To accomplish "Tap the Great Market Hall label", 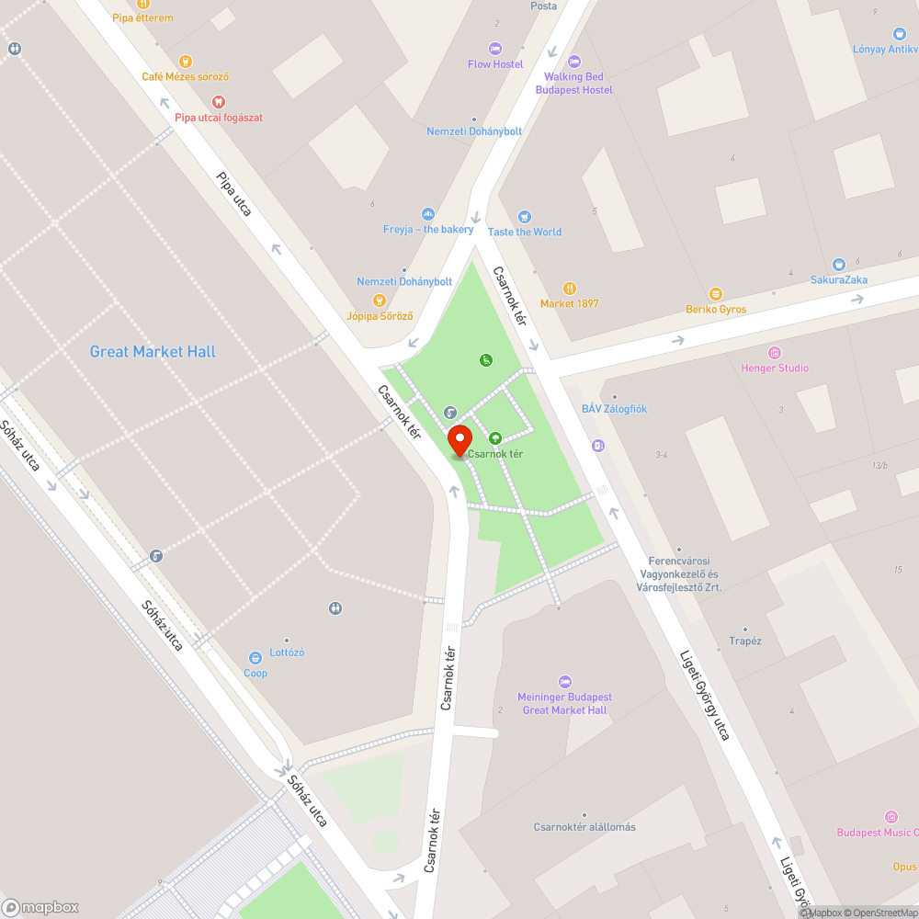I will tap(153, 352).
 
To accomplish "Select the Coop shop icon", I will tap(255, 658).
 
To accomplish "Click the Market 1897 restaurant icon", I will tap(569, 289).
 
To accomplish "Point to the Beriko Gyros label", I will tap(716, 310).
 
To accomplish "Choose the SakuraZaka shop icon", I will tap(838, 265).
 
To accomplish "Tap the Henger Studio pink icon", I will tap(775, 353).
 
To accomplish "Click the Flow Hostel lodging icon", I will tap(495, 49).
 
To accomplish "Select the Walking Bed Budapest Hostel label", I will tap(573, 84).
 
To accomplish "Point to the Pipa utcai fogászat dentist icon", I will tap(219, 102).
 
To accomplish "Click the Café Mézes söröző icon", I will tap(186, 62).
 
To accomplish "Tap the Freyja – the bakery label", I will tap(428, 230).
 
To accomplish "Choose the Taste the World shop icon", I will tap(524, 217).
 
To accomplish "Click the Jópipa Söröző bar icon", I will tap(380, 301).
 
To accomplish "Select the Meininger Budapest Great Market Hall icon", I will tap(564, 682).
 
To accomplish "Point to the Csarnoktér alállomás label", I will tap(584, 827).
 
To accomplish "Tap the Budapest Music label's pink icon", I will tap(891, 817).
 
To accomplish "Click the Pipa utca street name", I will tap(233, 194).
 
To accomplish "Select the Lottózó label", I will tap(287, 652).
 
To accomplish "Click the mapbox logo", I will tap(40, 907).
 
